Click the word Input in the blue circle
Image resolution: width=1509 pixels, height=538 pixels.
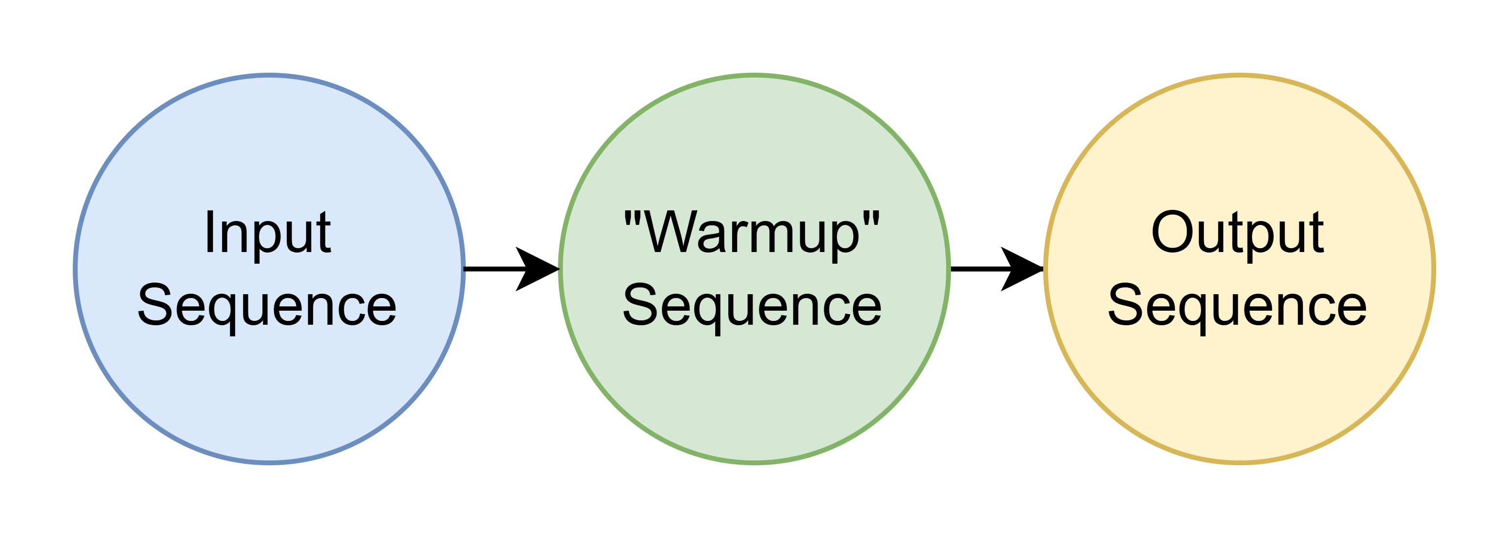(x=268, y=233)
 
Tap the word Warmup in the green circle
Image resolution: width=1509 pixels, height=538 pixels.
(x=752, y=233)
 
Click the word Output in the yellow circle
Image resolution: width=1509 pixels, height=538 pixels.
(x=1237, y=233)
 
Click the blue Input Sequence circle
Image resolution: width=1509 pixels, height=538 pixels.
(x=269, y=398)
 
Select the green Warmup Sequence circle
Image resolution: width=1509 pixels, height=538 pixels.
(x=754, y=398)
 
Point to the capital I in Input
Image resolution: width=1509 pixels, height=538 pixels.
(x=209, y=233)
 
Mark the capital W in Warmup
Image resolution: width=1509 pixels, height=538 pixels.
(x=671, y=233)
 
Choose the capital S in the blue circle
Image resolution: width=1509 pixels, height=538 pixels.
(x=153, y=305)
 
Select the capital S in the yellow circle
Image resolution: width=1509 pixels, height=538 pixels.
(x=1124, y=305)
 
